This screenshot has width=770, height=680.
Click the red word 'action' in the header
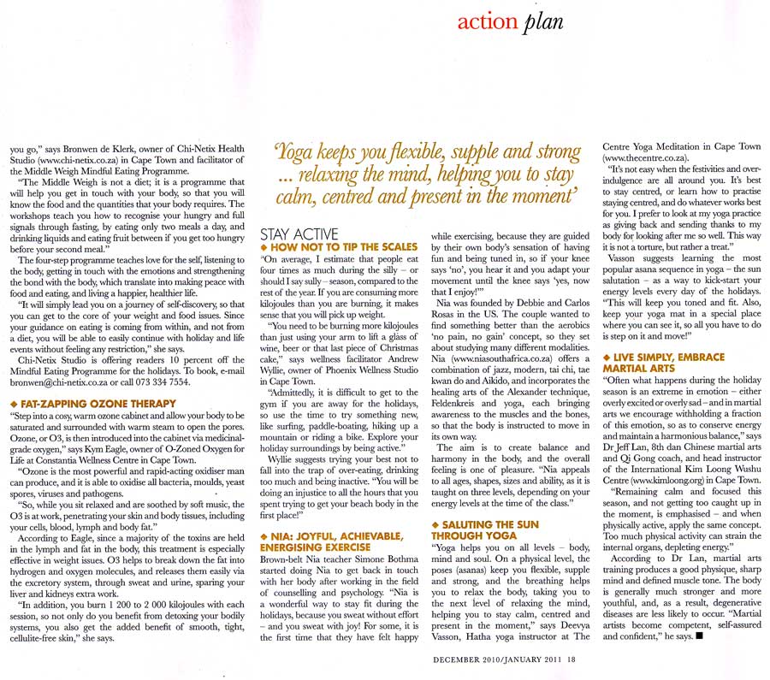[x=488, y=21]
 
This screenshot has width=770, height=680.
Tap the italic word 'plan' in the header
[x=543, y=22]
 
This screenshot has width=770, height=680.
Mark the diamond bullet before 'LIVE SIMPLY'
[x=607, y=356]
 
